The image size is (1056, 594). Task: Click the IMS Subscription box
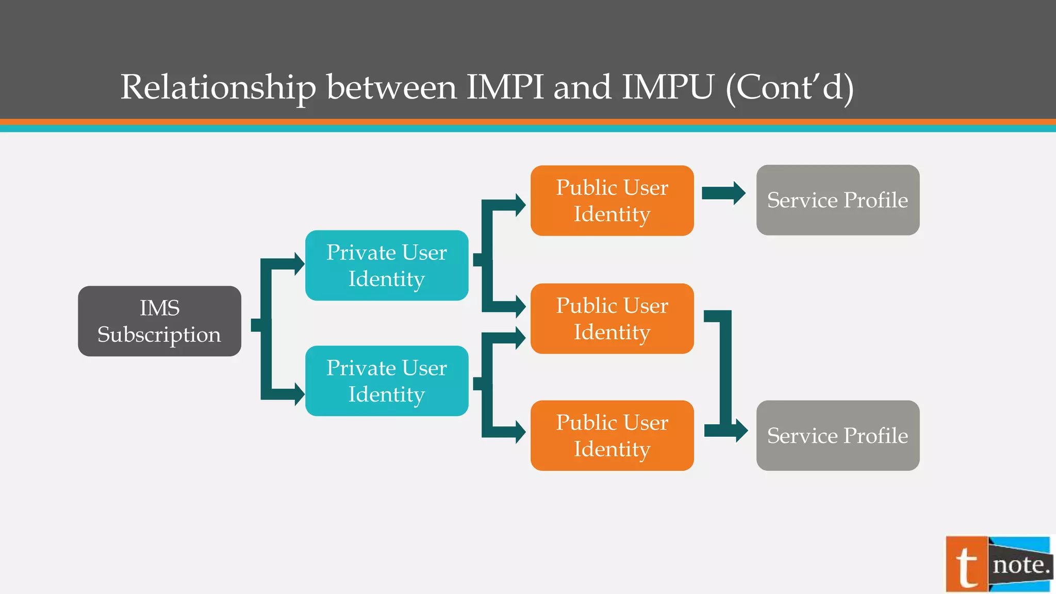point(159,321)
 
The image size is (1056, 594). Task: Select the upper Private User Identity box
point(387,266)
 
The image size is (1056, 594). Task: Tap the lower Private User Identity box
point(387,381)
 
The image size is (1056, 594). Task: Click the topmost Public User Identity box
point(612,201)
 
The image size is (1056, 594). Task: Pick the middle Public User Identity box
point(612,319)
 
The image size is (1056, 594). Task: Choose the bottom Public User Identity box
point(612,436)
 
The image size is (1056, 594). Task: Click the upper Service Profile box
point(837,200)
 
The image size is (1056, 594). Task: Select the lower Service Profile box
point(837,436)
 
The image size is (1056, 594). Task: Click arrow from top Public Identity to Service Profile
point(723,193)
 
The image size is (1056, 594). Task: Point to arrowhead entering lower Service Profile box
point(741,431)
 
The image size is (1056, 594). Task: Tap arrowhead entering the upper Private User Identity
point(299,264)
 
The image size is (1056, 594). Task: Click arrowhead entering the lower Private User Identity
point(299,394)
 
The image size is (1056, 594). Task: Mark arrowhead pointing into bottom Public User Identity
point(520,432)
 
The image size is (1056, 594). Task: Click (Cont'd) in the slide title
point(789,88)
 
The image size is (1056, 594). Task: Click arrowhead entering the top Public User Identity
point(520,205)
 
